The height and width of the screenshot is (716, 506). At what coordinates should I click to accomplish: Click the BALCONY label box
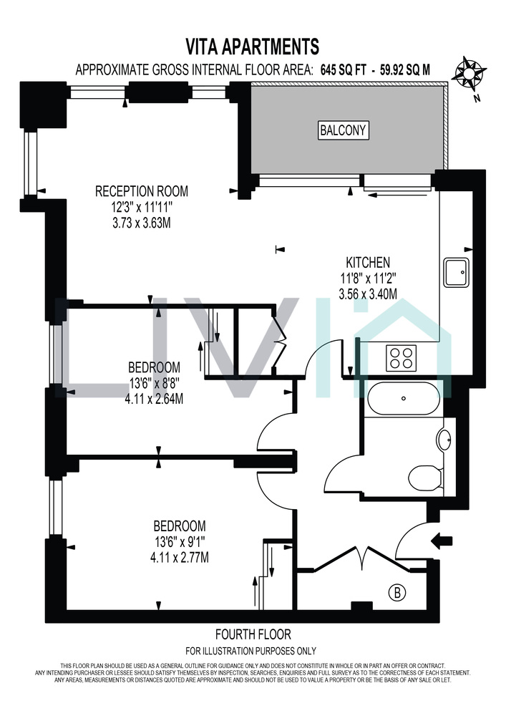pyautogui.click(x=343, y=130)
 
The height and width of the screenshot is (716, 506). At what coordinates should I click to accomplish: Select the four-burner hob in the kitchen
pyautogui.click(x=401, y=358)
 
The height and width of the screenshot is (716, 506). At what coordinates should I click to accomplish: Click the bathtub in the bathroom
pyautogui.click(x=404, y=398)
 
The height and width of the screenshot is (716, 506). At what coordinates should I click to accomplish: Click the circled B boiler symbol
pyautogui.click(x=397, y=593)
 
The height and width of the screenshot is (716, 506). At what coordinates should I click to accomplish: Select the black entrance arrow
pyautogui.click(x=441, y=541)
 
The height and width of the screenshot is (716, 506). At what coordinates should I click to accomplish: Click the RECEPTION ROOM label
pyautogui.click(x=142, y=191)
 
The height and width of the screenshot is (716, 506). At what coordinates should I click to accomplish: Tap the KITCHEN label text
pyautogui.click(x=368, y=263)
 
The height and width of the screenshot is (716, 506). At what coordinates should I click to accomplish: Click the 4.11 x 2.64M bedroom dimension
pyautogui.click(x=154, y=399)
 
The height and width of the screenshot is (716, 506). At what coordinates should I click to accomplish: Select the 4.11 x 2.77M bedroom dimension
pyautogui.click(x=180, y=558)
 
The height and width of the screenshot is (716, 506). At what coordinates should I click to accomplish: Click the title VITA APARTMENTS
pyautogui.click(x=253, y=47)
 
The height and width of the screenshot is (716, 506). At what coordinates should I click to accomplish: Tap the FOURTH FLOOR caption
pyautogui.click(x=253, y=634)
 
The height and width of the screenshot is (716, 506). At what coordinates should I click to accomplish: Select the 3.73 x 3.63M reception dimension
pyautogui.click(x=142, y=223)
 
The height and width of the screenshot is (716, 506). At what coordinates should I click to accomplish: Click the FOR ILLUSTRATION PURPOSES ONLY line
pyautogui.click(x=250, y=651)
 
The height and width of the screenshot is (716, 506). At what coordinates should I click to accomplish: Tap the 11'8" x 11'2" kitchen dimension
pyautogui.click(x=368, y=278)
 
